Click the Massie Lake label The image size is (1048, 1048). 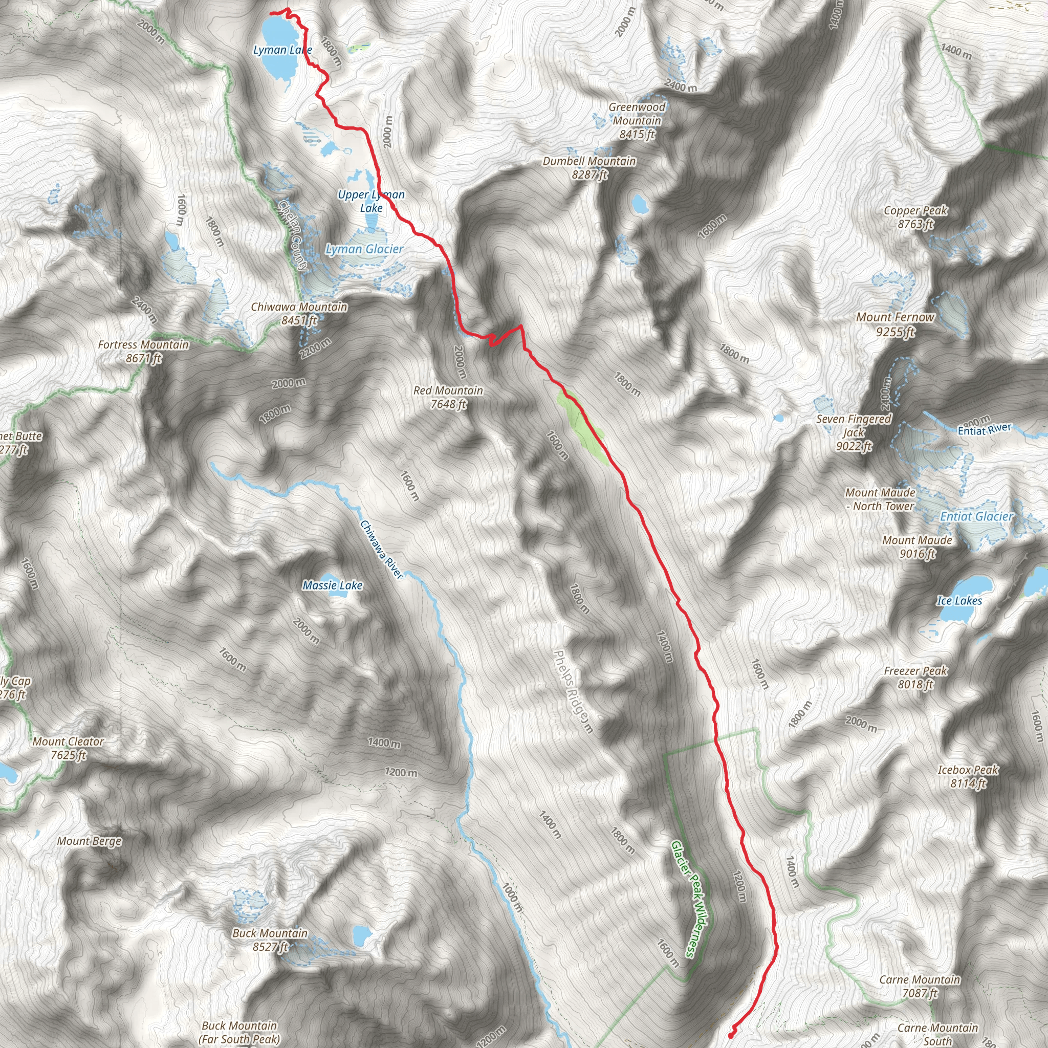point(332,585)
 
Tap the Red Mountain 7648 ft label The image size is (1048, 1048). point(448,397)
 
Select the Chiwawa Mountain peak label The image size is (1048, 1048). point(299,314)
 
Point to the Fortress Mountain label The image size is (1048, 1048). point(143,351)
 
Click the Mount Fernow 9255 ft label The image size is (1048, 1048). point(895,324)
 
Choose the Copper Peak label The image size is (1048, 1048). point(915,217)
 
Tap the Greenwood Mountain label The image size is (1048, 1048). point(637,120)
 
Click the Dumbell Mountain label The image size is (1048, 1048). point(589,168)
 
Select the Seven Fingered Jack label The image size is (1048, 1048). point(854,432)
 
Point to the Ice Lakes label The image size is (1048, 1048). point(959,600)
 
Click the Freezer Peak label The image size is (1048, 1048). point(915,678)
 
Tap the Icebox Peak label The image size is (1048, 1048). point(968,776)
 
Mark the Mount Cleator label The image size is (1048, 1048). point(68,748)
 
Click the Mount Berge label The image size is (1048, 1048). point(90,841)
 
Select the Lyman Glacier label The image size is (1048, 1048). point(364,249)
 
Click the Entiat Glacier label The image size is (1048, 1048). point(976,516)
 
